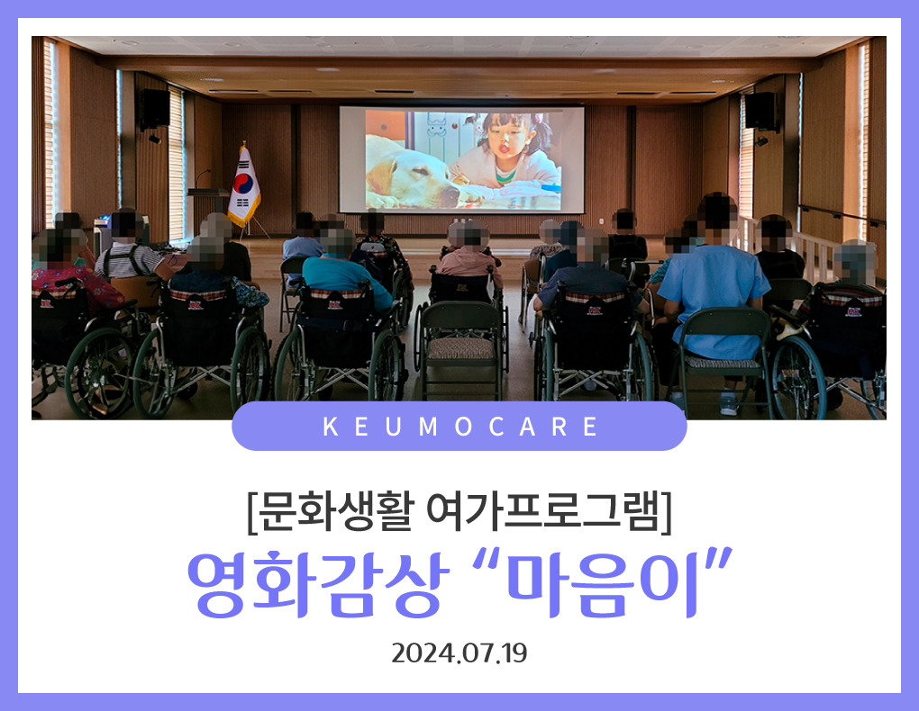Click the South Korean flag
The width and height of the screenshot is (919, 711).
244,185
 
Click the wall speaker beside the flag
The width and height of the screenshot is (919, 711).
155,110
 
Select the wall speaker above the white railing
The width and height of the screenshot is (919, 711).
761,111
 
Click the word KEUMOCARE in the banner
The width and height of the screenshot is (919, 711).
459,427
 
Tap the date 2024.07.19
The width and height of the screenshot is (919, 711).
459,653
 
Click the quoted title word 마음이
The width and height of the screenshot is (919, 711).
603,583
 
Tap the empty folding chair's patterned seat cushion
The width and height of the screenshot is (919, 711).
460,349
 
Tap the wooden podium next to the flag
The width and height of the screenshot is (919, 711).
207,208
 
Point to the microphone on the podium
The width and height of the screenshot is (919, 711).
203,177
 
